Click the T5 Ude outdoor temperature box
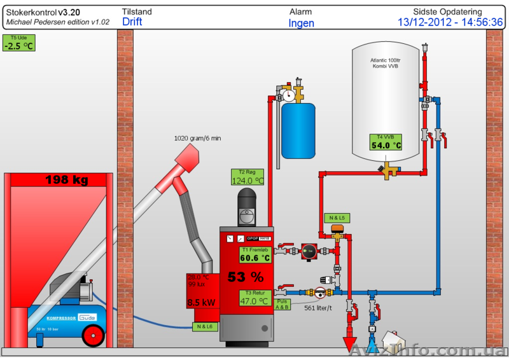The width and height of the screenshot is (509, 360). point(18,43)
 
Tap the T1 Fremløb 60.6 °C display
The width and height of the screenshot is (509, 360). point(255,254)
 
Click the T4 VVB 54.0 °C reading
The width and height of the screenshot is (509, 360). point(387,141)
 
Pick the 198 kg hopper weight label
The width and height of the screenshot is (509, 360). point(66,181)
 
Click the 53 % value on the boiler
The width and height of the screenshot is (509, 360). point(246,277)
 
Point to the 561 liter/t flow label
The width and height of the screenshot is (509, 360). point(319,308)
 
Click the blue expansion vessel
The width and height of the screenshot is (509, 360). point(298,130)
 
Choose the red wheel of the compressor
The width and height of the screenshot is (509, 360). point(94,335)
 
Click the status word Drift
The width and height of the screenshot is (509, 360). point(132,22)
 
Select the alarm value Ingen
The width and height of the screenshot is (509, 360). point(301,24)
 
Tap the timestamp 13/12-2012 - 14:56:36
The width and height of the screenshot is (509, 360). point(450,22)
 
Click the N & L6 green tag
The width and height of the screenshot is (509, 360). point(205,326)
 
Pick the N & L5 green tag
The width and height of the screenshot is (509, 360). point(337,218)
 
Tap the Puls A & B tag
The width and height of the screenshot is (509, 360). point(282,304)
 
